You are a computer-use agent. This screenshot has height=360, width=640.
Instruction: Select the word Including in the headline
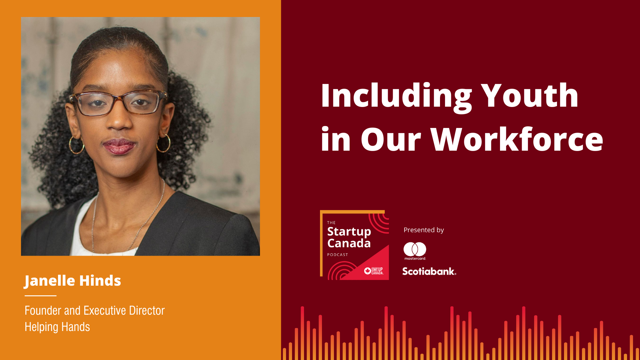pyautogui.click(x=396, y=97)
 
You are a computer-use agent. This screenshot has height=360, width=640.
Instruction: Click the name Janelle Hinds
pyautogui.click(x=73, y=281)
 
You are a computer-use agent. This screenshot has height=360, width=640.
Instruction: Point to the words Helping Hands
pyautogui.click(x=57, y=327)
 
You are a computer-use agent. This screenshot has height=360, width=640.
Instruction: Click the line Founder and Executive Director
pyautogui.click(x=95, y=311)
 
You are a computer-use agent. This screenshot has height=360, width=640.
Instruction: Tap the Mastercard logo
pyautogui.click(x=415, y=251)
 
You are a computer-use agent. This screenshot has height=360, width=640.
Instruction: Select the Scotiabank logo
pyautogui.click(x=429, y=271)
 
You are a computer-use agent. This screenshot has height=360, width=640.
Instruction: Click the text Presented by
pyautogui.click(x=424, y=230)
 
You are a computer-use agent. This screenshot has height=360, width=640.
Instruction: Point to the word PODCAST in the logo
pyautogui.click(x=338, y=255)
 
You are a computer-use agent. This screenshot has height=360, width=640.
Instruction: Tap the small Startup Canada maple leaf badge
pyautogui.click(x=368, y=271)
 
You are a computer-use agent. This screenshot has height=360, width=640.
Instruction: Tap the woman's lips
pyautogui.click(x=119, y=146)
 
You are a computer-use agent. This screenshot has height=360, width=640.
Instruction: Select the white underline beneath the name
pyautogui.click(x=40, y=296)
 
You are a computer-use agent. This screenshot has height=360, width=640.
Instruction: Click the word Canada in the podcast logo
pyautogui.click(x=349, y=243)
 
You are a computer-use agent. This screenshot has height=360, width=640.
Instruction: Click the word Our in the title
pyautogui.click(x=391, y=140)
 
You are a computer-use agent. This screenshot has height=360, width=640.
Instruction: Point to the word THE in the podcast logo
pyautogui.click(x=331, y=223)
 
